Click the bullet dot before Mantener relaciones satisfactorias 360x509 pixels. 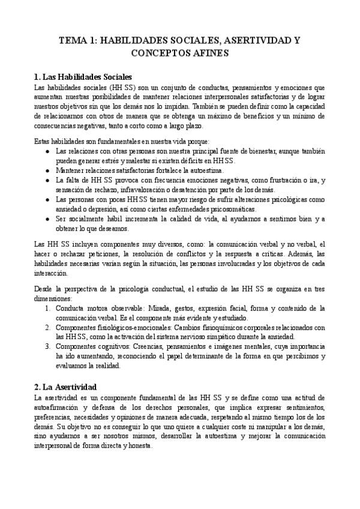coord(48,170)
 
